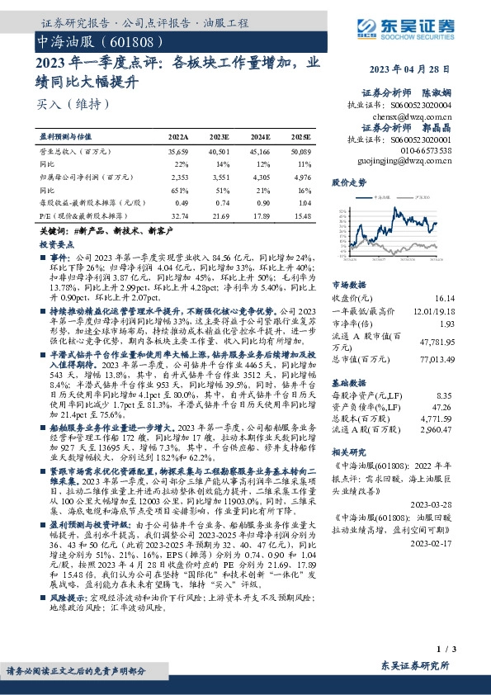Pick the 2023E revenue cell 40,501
click(220, 153)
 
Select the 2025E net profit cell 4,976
click(300, 177)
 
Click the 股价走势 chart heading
click(348, 182)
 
